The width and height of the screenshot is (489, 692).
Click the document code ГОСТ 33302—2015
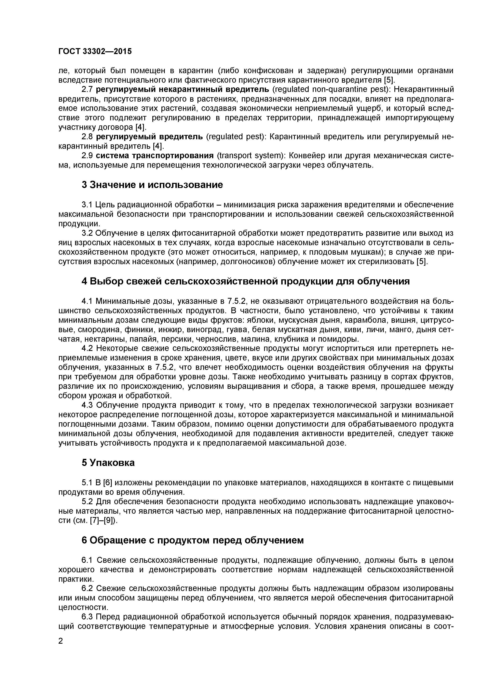coord(95,51)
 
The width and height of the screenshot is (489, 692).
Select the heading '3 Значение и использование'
coord(152,185)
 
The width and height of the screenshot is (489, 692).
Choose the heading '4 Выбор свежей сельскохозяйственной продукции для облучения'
coord(245,281)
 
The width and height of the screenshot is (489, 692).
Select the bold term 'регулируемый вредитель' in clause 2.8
coord(149,137)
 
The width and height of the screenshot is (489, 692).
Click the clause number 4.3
coord(88,405)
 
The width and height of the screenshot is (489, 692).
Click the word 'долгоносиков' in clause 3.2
coord(248,262)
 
